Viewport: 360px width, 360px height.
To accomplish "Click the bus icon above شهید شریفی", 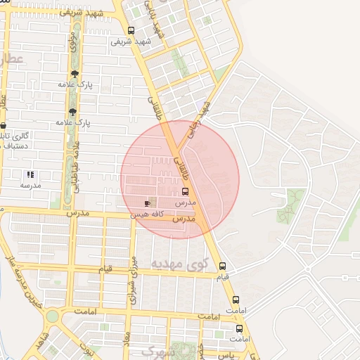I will pyautogui.click(x=131, y=30).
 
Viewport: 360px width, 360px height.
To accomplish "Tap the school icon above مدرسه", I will pyautogui.click(x=30, y=174).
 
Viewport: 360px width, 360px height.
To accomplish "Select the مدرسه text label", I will pyautogui.click(x=30, y=185).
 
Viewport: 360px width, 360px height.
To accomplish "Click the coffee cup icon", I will pyautogui.click(x=147, y=202).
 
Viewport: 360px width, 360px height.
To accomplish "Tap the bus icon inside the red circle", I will pyautogui.click(x=186, y=191).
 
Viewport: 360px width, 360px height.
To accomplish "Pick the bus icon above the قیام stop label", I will pyautogui.click(x=222, y=266).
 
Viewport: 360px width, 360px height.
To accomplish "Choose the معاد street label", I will pyautogui.click(x=127, y=344).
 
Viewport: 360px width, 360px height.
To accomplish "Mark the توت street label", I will pyautogui.click(x=86, y=349).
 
